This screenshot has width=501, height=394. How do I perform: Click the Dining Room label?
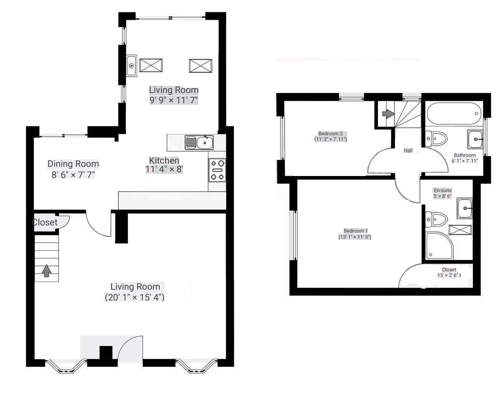(x=73, y=164)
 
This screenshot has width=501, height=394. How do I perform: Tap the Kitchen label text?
(x=164, y=160)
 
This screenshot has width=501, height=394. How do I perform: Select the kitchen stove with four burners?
(x=217, y=170)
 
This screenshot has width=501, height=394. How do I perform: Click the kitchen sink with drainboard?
(x=199, y=143)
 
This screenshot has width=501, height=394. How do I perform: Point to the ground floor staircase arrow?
(x=47, y=271)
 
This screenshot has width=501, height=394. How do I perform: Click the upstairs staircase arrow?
(x=388, y=113)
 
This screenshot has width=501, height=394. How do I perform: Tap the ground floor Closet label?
(x=45, y=222)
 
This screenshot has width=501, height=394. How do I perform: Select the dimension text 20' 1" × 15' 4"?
(x=135, y=297)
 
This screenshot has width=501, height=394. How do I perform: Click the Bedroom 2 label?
(x=330, y=134)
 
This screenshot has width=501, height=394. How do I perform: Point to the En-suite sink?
(x=464, y=209)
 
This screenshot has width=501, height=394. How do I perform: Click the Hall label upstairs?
(x=408, y=151)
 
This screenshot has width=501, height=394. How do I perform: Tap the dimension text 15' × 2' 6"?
(x=449, y=275)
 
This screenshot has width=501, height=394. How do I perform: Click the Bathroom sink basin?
(x=476, y=139)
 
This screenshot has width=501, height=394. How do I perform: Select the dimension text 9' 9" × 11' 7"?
(x=174, y=100)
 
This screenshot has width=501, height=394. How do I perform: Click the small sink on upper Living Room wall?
(x=132, y=65)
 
